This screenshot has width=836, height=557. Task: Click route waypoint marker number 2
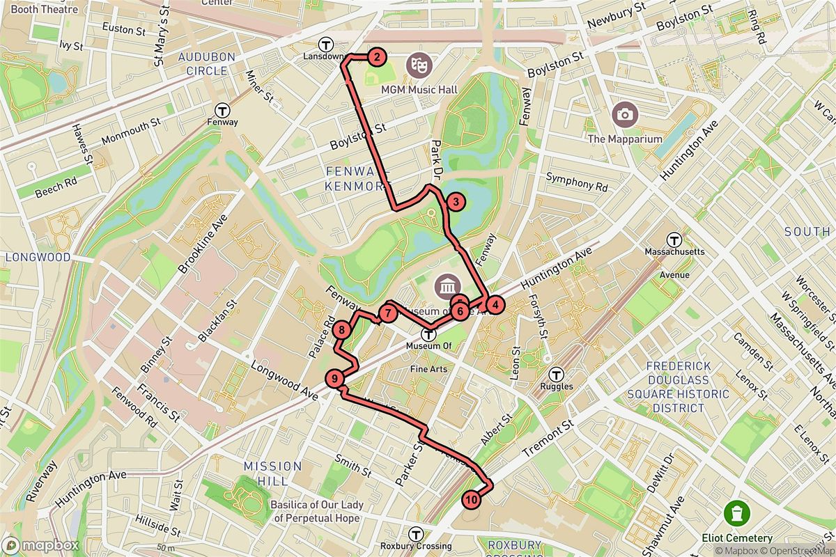[x=376, y=57]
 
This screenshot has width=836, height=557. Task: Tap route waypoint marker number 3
[x=455, y=203]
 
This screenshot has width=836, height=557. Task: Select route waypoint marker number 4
[x=493, y=304]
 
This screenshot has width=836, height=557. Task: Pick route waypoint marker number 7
[x=387, y=313]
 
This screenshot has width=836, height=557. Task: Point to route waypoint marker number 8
[x=341, y=330]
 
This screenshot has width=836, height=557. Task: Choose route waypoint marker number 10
[x=472, y=499]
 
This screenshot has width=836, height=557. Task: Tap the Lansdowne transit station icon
[x=325, y=42]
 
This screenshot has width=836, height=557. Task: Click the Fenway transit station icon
[x=223, y=110]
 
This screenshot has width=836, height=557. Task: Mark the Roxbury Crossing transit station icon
[x=417, y=534]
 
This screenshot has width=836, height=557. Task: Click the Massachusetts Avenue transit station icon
[x=674, y=239]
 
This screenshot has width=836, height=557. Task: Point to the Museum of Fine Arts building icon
[x=446, y=286]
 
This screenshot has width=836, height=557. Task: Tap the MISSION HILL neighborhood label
[x=273, y=473]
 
